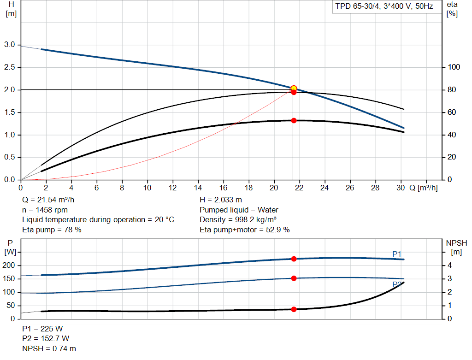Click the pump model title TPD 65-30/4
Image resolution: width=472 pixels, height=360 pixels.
point(384,7)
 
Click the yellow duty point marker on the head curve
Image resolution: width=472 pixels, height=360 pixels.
point(294,88)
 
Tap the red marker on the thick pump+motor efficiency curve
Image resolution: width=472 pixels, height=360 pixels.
point(294,120)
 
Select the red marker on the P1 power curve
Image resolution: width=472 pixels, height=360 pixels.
point(294,259)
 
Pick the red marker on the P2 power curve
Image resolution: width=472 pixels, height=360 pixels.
point(294,278)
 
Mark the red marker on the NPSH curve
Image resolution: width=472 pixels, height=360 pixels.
point(294,309)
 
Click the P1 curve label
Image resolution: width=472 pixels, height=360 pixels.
point(397,254)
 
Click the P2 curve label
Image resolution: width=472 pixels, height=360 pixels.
point(397,284)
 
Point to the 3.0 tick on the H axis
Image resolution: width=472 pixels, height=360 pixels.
point(9,45)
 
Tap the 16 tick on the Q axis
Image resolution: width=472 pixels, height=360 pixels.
point(224,188)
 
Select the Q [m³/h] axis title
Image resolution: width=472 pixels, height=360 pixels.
point(423,188)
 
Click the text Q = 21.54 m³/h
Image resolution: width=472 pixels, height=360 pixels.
point(48,200)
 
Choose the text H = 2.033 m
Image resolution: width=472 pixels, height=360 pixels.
point(221,200)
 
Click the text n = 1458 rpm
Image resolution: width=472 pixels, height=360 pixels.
point(45,210)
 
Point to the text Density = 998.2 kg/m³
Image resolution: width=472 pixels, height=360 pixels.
point(238,219)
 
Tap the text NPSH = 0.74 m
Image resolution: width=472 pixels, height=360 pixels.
point(49,349)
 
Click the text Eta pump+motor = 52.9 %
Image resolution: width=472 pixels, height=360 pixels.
point(245,230)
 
